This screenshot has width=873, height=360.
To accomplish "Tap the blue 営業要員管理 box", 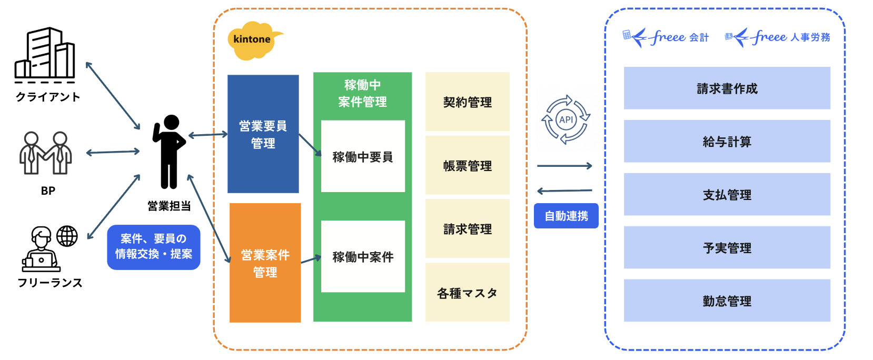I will pyautogui.click(x=263, y=134).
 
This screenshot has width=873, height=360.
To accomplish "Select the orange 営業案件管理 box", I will pyautogui.click(x=265, y=263).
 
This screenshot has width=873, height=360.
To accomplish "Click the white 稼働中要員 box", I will pyautogui.click(x=363, y=156).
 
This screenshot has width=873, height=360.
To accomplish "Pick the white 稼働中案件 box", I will pyautogui.click(x=363, y=256).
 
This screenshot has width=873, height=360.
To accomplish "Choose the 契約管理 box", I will pyautogui.click(x=467, y=102).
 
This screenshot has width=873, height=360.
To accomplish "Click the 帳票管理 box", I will pyautogui.click(x=467, y=165).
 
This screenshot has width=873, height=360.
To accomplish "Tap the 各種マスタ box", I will pyautogui.click(x=467, y=293).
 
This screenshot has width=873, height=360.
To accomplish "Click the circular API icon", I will pyautogui.click(x=566, y=119).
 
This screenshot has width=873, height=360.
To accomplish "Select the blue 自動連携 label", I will pyautogui.click(x=566, y=216).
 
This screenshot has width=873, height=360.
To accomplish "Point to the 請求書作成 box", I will pyautogui.click(x=727, y=88).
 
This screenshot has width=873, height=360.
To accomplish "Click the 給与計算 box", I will pyautogui.click(x=727, y=141).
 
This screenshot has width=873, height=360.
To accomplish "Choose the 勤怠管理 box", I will pyautogui.click(x=727, y=301).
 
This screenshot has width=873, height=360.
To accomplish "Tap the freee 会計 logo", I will pyautogui.click(x=666, y=37).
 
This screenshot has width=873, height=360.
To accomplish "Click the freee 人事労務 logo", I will pyautogui.click(x=777, y=37).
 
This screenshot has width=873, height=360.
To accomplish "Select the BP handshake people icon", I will pyautogui.click(x=46, y=153).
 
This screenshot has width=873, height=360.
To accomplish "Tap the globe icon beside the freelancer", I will pyautogui.click(x=67, y=236).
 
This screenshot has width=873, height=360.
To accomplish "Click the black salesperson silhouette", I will pyautogui.click(x=169, y=152).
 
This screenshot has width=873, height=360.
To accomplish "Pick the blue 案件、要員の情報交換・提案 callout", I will pyautogui.click(x=153, y=247).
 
